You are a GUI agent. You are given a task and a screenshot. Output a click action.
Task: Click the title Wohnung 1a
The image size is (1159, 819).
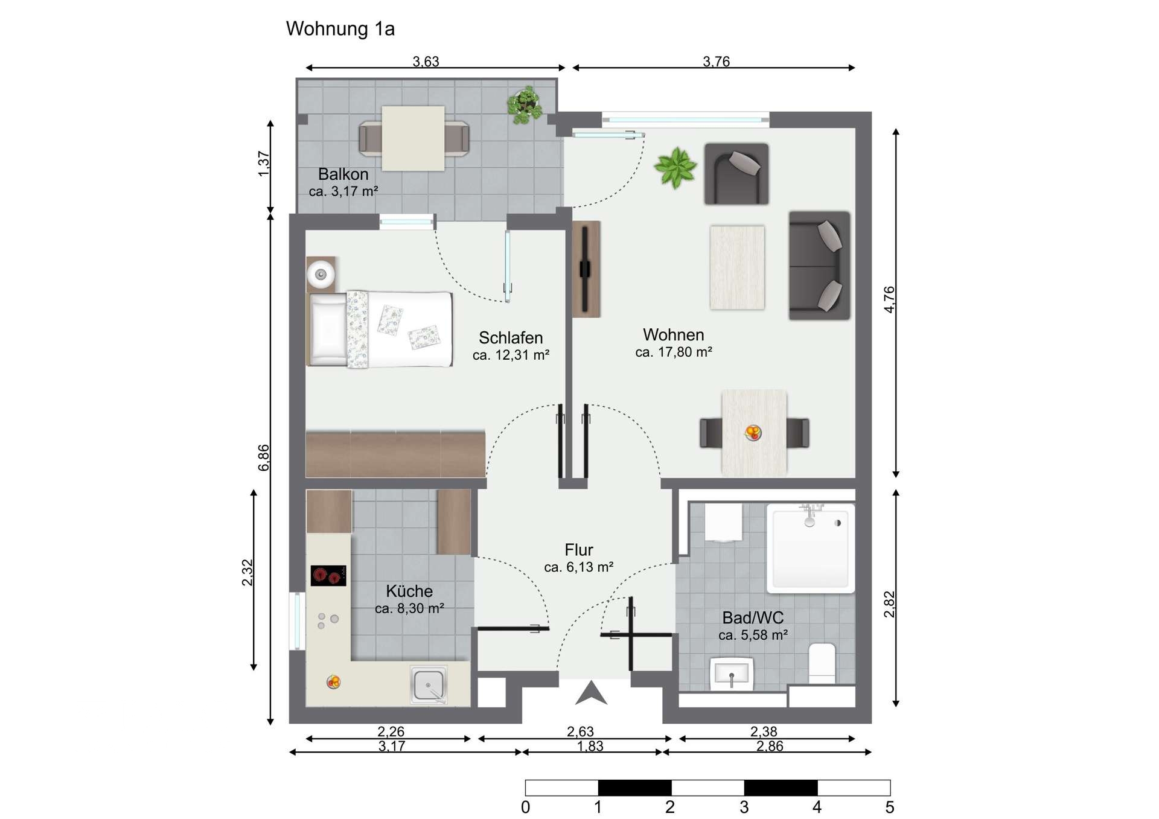pyautogui.click(x=340, y=29)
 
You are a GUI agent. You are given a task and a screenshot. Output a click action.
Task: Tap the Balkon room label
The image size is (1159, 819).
pyautogui.click(x=343, y=174)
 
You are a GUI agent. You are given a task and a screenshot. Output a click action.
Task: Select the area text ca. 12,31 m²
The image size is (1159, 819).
pyautogui.click(x=511, y=355)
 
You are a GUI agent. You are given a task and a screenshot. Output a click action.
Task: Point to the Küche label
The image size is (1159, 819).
pyautogui.click(x=409, y=591)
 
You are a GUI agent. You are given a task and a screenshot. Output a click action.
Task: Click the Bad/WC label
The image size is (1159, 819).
pyautogui.click(x=753, y=617)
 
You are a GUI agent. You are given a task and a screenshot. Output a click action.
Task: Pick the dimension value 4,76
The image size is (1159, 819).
pyautogui.click(x=889, y=299)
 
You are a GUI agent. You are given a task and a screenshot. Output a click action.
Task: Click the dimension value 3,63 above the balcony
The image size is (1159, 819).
pyautogui.click(x=426, y=62)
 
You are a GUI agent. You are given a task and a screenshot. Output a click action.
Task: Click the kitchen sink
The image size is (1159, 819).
pyautogui.click(x=429, y=684)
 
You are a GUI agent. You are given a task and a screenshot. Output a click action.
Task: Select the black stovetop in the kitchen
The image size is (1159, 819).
pyautogui.click(x=328, y=576)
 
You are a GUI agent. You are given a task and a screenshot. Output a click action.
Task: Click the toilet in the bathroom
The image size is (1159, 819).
pyautogui.click(x=822, y=663)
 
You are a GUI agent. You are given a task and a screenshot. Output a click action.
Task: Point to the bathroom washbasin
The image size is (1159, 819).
pyautogui.click(x=732, y=673)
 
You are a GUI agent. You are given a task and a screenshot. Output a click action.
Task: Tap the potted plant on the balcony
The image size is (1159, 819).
pyautogui.click(x=524, y=105)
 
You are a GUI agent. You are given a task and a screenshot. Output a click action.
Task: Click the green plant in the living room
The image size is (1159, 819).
pyautogui.click(x=675, y=167)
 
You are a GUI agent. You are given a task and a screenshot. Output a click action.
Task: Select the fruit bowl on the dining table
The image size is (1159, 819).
pyautogui.click(x=753, y=432)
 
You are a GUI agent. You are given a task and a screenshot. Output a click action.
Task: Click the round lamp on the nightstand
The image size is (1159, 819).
pyautogui.click(x=321, y=275)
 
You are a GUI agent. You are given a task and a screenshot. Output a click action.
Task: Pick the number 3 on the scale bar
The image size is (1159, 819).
pyautogui.click(x=744, y=807)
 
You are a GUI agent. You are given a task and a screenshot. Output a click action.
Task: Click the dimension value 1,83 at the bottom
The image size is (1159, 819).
pyautogui.click(x=590, y=747)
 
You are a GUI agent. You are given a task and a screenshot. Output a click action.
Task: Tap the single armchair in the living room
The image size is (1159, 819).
pyautogui.click(x=736, y=174)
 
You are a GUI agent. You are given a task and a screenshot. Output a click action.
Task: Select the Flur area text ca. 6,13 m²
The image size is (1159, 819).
pyautogui.click(x=578, y=567)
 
